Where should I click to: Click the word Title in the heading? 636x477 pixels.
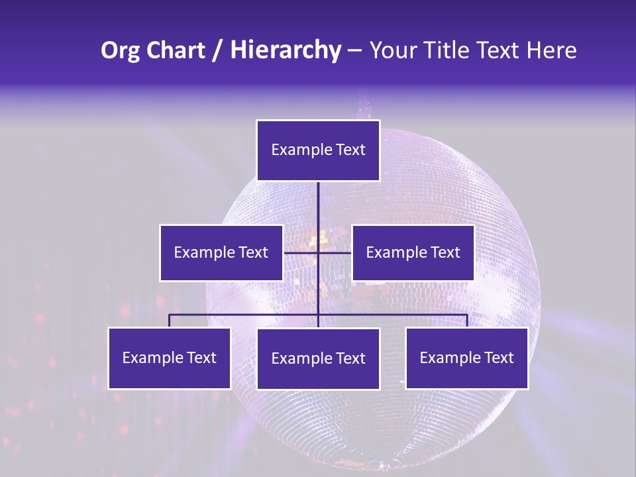[x=448, y=50]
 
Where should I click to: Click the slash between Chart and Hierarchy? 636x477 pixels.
[x=217, y=51]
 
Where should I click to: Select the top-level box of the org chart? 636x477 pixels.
[x=318, y=150]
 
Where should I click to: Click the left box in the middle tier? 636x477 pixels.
[x=221, y=252]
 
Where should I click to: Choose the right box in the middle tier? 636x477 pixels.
[x=413, y=252]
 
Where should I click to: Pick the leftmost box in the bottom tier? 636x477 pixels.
[x=170, y=358]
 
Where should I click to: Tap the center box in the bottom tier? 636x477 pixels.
[x=318, y=359]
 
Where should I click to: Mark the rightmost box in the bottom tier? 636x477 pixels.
[x=466, y=358]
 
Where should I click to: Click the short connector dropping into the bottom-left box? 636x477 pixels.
[x=170, y=321]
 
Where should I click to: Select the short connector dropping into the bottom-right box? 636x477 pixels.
[x=467, y=321]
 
